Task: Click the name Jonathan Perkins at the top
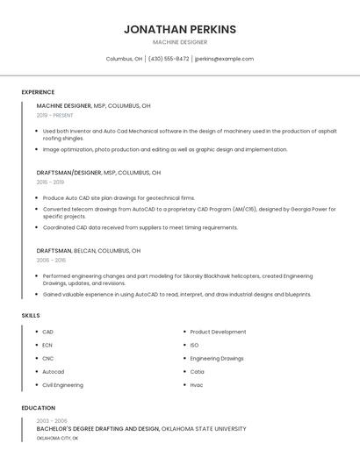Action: click(x=180, y=29)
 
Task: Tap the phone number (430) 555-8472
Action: click(x=169, y=59)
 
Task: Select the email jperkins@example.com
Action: click(x=224, y=59)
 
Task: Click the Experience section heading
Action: click(x=38, y=92)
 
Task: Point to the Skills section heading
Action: click(x=31, y=315)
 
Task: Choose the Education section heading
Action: click(x=38, y=408)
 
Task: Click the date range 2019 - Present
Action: click(x=55, y=115)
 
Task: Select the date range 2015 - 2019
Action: click(x=50, y=182)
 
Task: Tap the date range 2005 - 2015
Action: click(x=51, y=261)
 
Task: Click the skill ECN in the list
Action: click(x=47, y=346)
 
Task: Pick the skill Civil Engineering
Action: click(x=62, y=385)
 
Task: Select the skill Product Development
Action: click(x=218, y=333)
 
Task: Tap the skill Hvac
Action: click(x=197, y=385)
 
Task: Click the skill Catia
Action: click(x=198, y=372)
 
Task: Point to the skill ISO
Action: click(x=194, y=346)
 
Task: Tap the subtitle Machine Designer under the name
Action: click(x=180, y=42)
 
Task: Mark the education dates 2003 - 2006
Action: click(x=50, y=421)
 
